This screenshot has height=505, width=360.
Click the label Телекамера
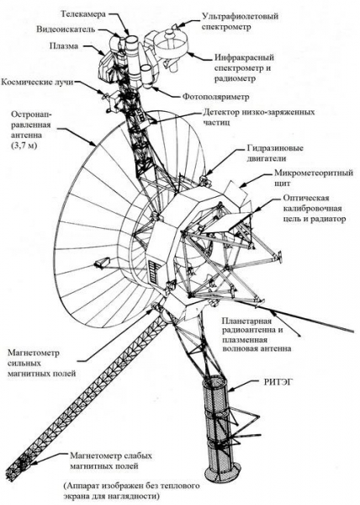click(83, 13)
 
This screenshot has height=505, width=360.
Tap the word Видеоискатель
click(66, 29)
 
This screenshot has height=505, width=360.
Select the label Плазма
click(64, 45)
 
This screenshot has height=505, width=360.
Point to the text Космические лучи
click(37, 82)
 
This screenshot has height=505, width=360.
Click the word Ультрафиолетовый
click(240, 16)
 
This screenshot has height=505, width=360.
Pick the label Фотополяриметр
click(216, 96)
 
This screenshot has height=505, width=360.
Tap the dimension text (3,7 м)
click(24, 146)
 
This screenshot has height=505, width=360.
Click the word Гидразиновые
click(275, 148)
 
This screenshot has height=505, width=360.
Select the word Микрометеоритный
click(314, 173)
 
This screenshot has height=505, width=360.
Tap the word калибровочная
click(312, 209)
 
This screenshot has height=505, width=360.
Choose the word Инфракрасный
click(244, 58)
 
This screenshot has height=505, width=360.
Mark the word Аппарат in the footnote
click(82, 486)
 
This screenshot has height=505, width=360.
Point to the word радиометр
click(235, 78)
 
